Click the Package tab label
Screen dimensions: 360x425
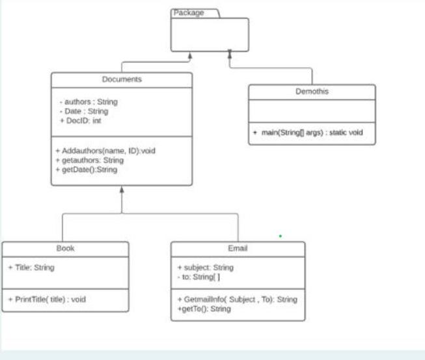pyautogui.click(x=188, y=13)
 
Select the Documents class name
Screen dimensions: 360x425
pyautogui.click(x=122, y=79)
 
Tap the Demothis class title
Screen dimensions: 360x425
pyautogui.click(x=312, y=92)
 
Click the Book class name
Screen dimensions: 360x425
pyautogui.click(x=65, y=249)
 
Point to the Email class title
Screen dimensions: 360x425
pyautogui.click(x=238, y=249)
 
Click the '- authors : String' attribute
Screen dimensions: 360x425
pyautogui.click(x=89, y=102)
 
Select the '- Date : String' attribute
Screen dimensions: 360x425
pyautogui.click(x=83, y=111)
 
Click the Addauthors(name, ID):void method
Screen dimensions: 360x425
pyautogui.click(x=105, y=151)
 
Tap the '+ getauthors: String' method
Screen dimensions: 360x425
pyautogui.click(x=89, y=160)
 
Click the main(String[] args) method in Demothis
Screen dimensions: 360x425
pyautogui.click(x=307, y=133)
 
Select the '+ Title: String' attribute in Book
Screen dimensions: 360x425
pyautogui.click(x=31, y=268)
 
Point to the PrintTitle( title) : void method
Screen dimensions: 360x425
pyautogui.click(x=47, y=299)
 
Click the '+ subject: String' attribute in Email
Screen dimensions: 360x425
pyautogui.click(x=205, y=268)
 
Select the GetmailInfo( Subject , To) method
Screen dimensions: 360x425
pyautogui.click(x=237, y=299)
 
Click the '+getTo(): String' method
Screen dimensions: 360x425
pyautogui.click(x=204, y=309)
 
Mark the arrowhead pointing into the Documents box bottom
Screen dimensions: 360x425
pyautogui.click(x=122, y=191)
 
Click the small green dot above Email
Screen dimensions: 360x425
pyautogui.click(x=281, y=236)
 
